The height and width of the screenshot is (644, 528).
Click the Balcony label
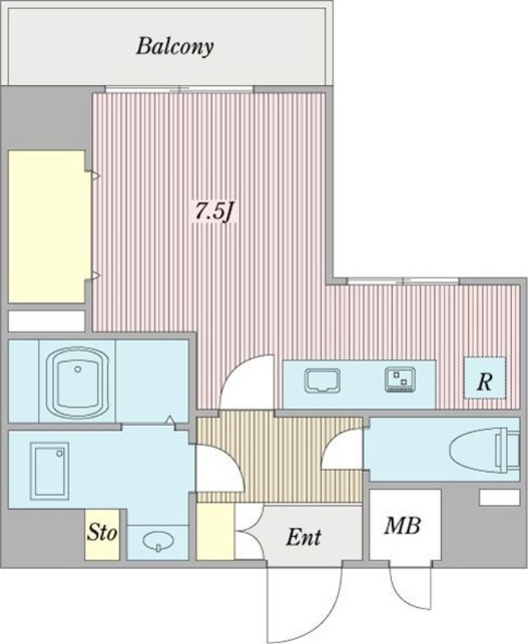[175, 47]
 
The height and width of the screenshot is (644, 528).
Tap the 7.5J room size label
[213, 212]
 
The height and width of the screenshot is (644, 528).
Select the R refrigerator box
[485, 378]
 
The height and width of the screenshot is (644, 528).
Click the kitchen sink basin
[322, 379]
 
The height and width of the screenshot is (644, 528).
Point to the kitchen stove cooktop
[400, 379]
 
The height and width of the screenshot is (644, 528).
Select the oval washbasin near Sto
[158, 540]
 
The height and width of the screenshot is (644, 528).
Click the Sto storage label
[102, 533]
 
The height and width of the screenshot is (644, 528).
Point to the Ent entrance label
[303, 536]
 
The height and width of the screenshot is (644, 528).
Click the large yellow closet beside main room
[48, 227]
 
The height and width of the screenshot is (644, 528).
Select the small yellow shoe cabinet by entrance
[215, 531]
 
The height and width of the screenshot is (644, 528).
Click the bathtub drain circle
[77, 369]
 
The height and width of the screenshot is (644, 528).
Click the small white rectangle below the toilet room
[500, 497]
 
